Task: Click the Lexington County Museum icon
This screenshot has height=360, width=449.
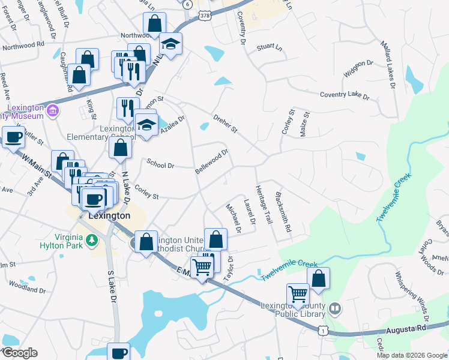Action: point(53,110)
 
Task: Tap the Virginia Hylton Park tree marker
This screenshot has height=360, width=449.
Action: point(91,241)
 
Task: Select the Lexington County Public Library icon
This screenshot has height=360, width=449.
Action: point(335,309)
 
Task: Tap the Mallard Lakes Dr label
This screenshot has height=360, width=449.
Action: point(388,65)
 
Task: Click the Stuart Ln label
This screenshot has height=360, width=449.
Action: point(269,46)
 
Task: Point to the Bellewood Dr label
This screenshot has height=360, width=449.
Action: point(212,162)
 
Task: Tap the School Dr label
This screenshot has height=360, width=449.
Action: point(160,164)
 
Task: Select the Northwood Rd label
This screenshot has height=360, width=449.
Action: point(23,44)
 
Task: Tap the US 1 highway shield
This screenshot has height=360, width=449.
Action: point(324,331)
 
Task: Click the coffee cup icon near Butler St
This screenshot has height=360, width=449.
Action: point(13,137)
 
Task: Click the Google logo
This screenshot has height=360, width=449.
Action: point(20,352)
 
